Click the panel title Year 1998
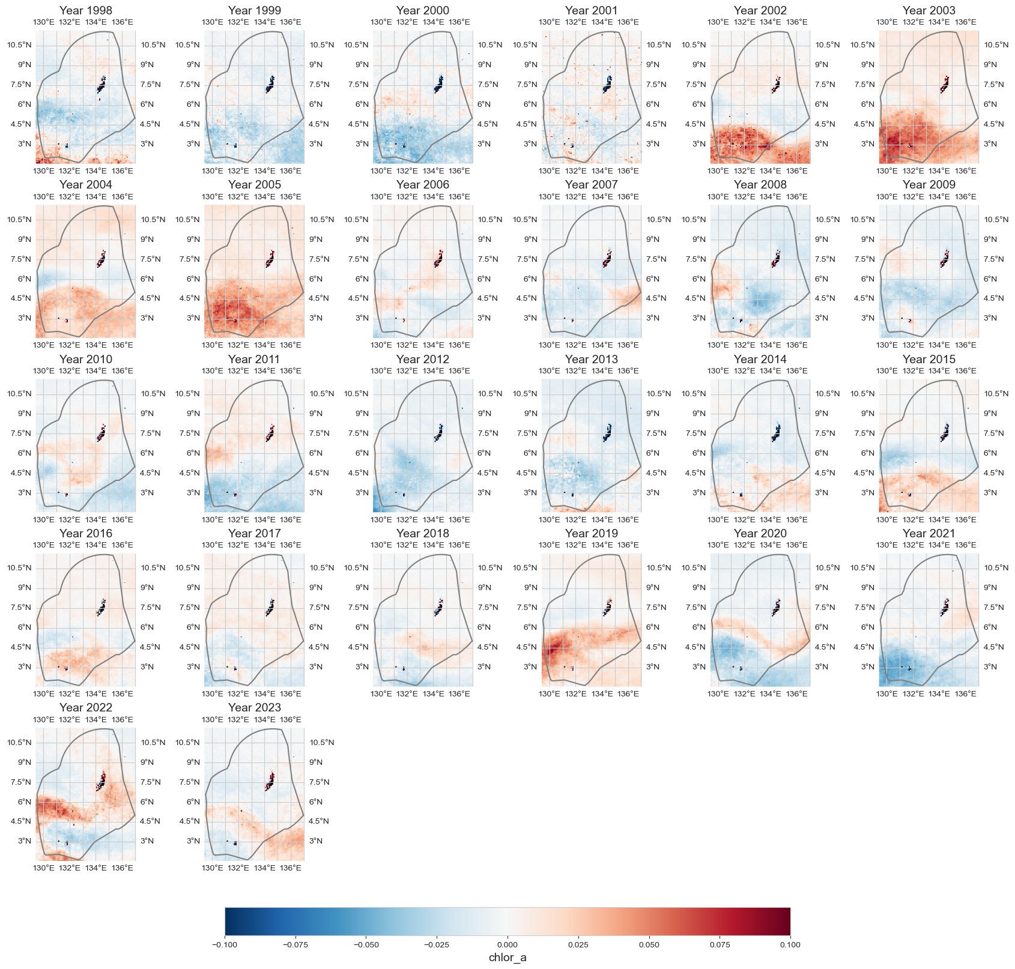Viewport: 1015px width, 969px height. (85, 10)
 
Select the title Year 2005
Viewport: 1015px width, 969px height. (254, 184)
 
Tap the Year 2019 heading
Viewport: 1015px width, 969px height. (591, 533)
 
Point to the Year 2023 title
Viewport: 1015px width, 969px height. (254, 707)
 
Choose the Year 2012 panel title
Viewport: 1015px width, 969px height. (422, 359)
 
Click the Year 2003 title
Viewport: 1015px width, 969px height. (929, 10)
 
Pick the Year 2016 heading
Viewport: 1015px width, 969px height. (85, 533)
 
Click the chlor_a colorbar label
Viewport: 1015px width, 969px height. (507, 957)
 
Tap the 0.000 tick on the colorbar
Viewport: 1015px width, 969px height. (507, 944)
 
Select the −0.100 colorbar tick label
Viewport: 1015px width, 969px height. (225, 944)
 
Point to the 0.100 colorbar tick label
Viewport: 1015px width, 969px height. (790, 944)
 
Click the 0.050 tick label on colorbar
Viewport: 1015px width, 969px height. (649, 944)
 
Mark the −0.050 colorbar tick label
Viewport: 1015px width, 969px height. (366, 944)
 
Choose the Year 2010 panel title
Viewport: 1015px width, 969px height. (85, 359)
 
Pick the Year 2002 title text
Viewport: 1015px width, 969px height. (760, 10)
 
